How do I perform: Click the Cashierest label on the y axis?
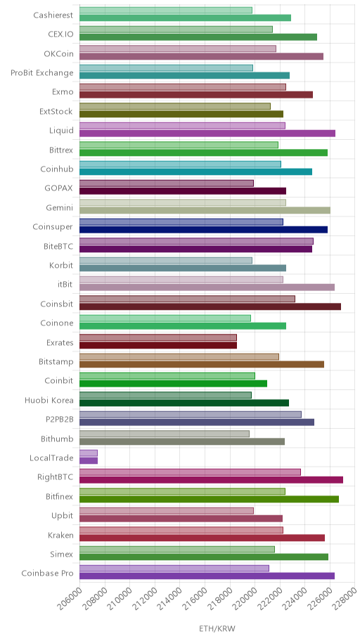(x=53, y=15)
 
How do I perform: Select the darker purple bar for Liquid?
(x=207, y=134)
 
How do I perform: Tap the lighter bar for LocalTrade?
(x=89, y=453)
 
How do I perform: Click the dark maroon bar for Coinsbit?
(x=210, y=306)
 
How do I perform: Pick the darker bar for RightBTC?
(x=211, y=480)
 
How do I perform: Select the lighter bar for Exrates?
(x=158, y=337)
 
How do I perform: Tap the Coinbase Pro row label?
(x=47, y=573)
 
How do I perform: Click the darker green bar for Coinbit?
(x=173, y=384)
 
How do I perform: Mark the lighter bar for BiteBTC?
(x=196, y=241)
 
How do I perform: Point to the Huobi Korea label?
(x=49, y=400)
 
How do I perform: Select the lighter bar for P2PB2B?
(x=191, y=415)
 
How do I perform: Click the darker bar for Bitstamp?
(x=202, y=364)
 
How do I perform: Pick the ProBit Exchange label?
(x=42, y=73)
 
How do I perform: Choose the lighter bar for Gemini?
(x=182, y=202)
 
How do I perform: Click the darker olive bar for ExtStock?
(x=181, y=114)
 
